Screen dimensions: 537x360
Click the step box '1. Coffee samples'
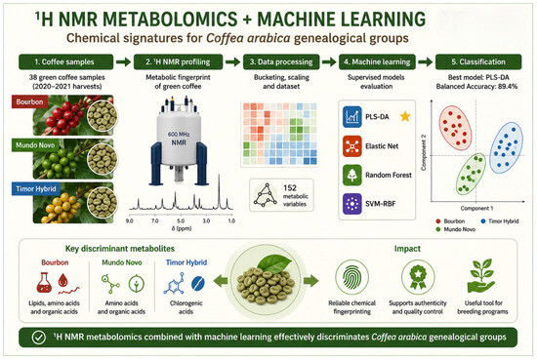coord(65,61)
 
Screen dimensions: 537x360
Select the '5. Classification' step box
coord(478,61)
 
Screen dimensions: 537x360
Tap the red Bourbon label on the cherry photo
coord(30,102)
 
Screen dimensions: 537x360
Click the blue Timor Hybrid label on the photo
coord(36,189)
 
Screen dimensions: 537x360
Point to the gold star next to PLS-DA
coord(405,116)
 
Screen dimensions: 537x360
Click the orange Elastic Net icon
coord(352,146)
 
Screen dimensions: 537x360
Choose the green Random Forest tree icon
coord(352,176)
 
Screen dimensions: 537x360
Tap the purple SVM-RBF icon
coord(352,204)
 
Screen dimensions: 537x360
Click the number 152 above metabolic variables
coord(290,188)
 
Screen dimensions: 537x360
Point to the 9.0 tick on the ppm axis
coord(130,221)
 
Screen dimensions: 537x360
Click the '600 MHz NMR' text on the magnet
coord(179,139)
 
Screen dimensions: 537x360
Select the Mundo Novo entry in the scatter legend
coord(456,229)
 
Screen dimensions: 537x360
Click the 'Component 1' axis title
coord(476,208)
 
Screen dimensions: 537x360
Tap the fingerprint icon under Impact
coord(352,278)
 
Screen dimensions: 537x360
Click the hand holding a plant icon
coord(481,276)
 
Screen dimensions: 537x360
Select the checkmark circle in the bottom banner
coord(39,338)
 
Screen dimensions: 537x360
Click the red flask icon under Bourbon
coord(44,282)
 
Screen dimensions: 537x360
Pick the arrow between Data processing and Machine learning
coord(329,61)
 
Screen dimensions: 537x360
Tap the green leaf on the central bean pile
coord(274,263)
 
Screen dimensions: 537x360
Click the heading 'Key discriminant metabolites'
coord(120,249)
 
